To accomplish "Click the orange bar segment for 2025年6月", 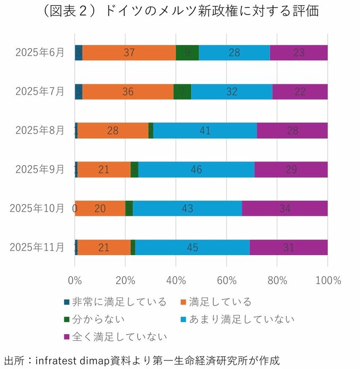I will (x=129, y=53).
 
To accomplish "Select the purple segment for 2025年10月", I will (x=285, y=209).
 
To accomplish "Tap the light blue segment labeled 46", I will (x=196, y=169).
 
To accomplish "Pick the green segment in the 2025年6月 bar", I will (x=187, y=53).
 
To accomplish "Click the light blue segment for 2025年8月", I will (x=205, y=131).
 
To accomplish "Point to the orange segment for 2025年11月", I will (x=104, y=247).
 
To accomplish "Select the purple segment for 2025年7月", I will (x=300, y=92).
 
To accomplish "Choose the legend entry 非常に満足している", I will (x=119, y=302).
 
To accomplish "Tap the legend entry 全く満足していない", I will (x=119, y=337).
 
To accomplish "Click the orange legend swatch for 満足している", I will (x=182, y=302).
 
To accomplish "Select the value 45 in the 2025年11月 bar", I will (x=192, y=247).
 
